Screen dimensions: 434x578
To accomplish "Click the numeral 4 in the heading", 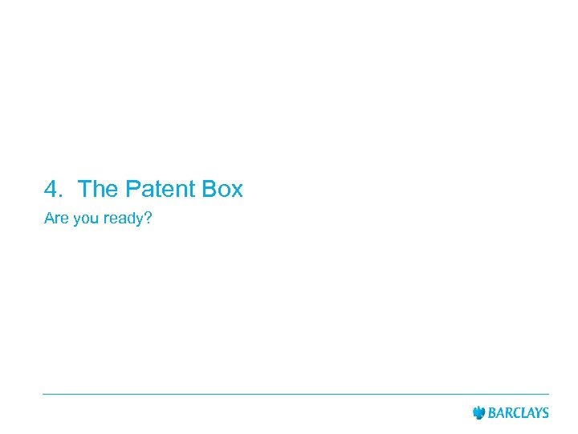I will click(52, 190).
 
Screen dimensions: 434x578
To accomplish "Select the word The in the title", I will click(97, 190).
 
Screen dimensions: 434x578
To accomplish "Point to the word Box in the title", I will click(222, 190).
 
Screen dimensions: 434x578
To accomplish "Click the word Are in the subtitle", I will click(56, 219).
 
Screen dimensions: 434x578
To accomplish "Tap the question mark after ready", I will click(148, 219).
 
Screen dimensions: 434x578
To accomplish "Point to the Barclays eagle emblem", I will click(479, 413).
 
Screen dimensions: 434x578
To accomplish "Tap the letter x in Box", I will click(236, 192).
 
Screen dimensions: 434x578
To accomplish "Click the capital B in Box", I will click(210, 190).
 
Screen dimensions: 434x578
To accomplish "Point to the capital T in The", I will click(84, 190).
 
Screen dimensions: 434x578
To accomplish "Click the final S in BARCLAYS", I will click(545, 413).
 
